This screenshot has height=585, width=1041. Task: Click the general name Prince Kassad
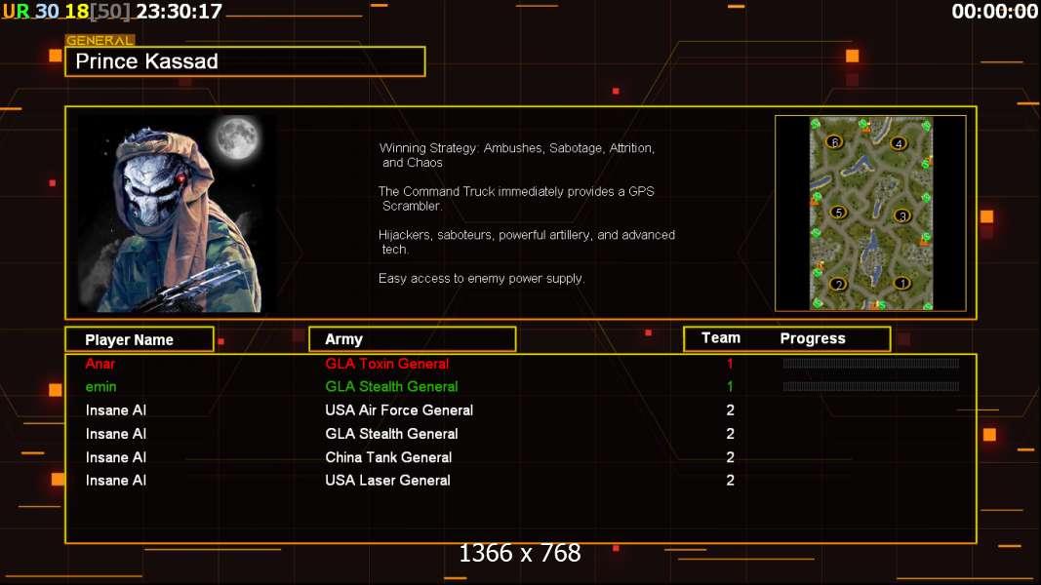point(146,61)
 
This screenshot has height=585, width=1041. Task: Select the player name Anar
point(100,364)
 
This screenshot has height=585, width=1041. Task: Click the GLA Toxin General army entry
point(386,364)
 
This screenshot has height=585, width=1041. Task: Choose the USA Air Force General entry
point(399,410)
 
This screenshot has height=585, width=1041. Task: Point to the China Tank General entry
point(388,457)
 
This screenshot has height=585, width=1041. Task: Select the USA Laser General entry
point(387,481)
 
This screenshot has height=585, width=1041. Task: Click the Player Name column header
point(129,340)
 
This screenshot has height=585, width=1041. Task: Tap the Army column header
point(343,339)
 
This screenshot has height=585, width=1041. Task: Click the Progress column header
point(813,338)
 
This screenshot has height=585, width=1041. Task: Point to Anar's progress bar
point(870,364)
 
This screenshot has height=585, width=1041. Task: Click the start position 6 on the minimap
point(833,141)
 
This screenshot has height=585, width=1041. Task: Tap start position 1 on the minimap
point(902,284)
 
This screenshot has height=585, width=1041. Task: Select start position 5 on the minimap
point(837,213)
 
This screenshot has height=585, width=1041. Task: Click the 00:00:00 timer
point(995,12)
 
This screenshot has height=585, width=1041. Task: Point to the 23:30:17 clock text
point(179,12)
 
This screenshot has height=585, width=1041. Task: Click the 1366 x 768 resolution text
point(520,554)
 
